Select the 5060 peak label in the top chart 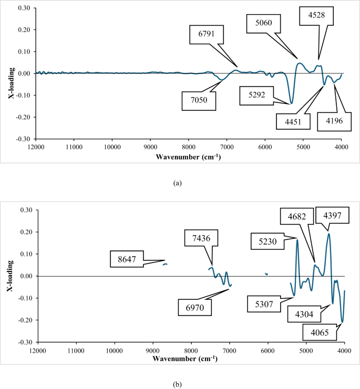coord(264,24)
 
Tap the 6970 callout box coord(194,306)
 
